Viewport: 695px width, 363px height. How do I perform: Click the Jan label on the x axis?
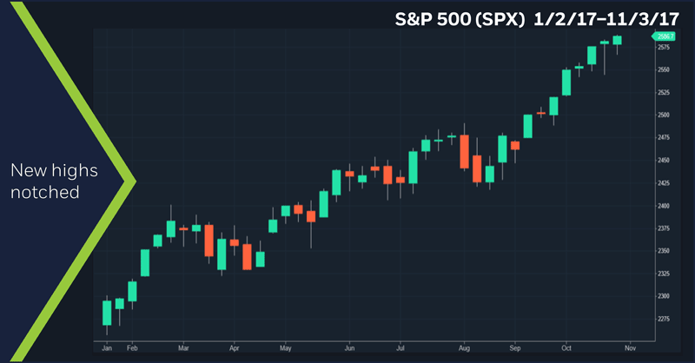tap(107, 346)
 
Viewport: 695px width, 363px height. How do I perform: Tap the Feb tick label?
tap(132, 346)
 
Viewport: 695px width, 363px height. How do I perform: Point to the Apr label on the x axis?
tap(234, 346)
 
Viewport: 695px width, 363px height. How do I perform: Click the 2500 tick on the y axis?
tap(663, 115)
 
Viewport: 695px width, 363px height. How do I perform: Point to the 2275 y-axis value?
tap(663, 319)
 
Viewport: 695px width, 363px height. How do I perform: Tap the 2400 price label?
tap(663, 206)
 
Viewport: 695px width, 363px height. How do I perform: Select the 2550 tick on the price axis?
tap(663, 69)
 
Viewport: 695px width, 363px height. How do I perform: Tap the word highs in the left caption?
tap(73, 170)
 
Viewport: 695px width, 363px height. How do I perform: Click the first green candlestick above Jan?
tap(107, 313)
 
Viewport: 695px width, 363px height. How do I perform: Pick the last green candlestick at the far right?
tap(617, 40)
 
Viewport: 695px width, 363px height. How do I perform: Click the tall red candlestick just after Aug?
tap(464, 151)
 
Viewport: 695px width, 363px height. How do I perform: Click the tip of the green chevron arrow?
tap(135, 181)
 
